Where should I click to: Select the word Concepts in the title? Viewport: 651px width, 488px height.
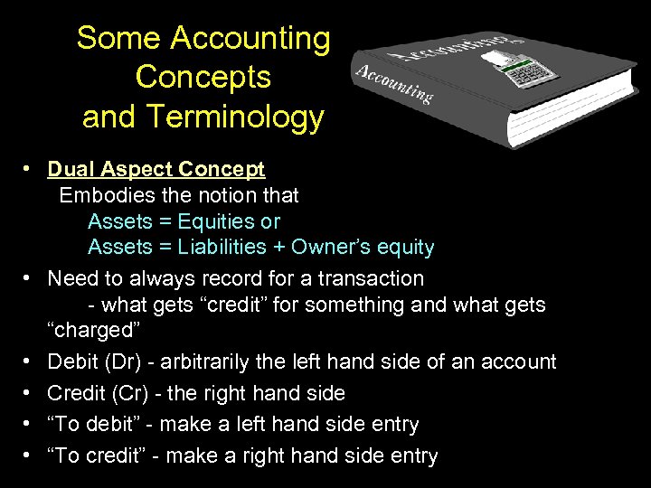click(203, 78)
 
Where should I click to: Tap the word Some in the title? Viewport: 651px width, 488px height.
click(118, 38)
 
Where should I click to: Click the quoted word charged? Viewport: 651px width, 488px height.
click(90, 330)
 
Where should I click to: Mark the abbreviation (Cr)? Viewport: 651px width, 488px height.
click(124, 393)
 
